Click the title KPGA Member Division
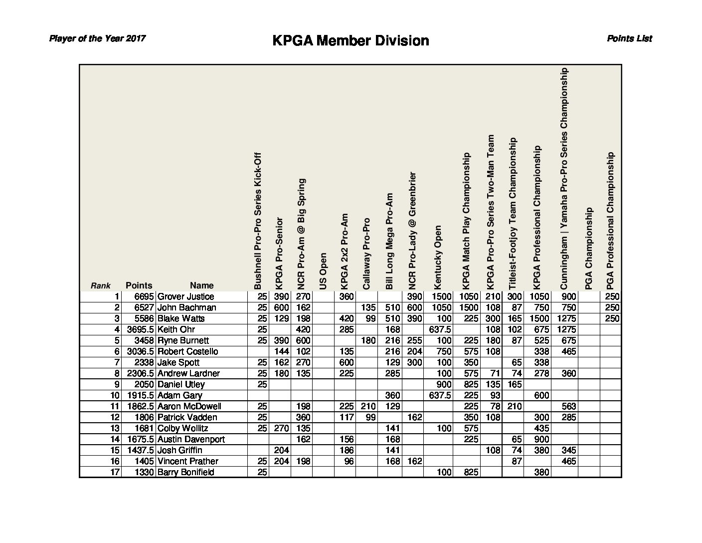(x=351, y=40)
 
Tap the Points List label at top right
(x=629, y=38)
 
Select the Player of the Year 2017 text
(x=97, y=38)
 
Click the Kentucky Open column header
(x=438, y=257)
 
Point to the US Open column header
(x=323, y=271)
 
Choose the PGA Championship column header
(x=588, y=248)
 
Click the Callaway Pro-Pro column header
(x=366, y=253)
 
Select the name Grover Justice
(x=185, y=296)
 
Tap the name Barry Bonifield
(x=185, y=472)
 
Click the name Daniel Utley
(x=181, y=384)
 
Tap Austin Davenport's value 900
(x=541, y=439)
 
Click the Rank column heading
(x=100, y=286)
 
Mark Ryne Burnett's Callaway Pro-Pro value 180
(x=368, y=340)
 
